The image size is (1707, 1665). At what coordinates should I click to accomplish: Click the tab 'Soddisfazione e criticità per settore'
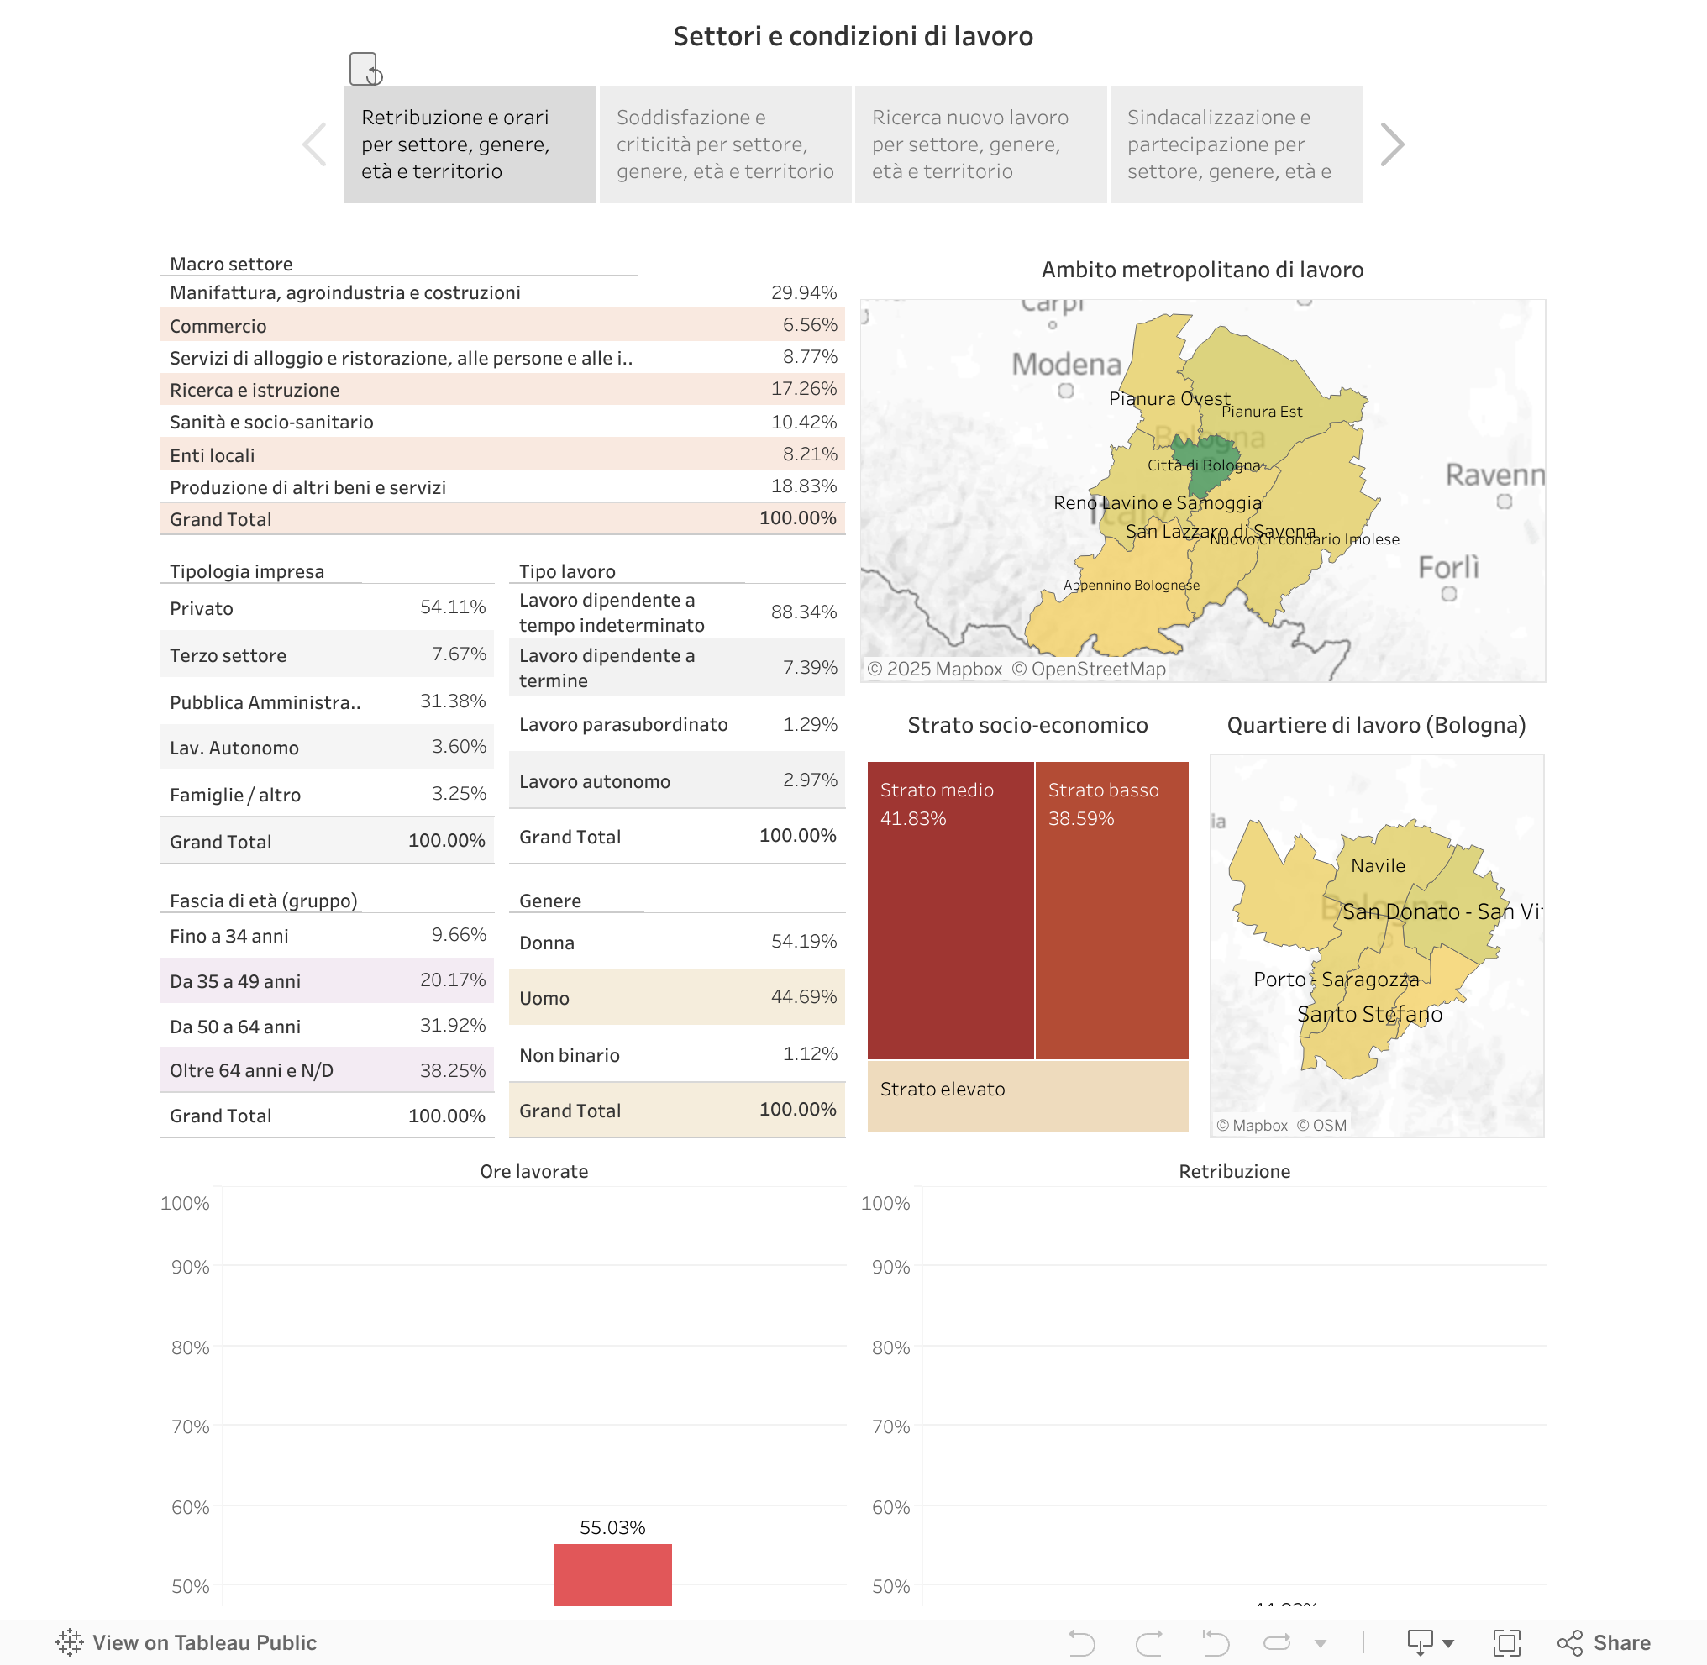[x=725, y=144]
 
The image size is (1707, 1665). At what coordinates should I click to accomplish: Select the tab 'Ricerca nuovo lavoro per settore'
[x=980, y=144]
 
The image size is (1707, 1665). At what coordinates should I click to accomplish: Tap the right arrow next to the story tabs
[x=1391, y=144]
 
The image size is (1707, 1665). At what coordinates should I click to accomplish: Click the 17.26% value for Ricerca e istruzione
[x=803, y=389]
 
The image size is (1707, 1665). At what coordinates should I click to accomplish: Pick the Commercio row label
[x=218, y=326]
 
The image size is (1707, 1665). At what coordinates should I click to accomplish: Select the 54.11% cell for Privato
[x=452, y=607]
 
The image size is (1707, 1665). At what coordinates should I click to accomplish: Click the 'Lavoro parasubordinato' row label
[x=622, y=724]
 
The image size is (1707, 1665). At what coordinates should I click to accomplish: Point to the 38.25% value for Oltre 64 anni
[x=452, y=1070]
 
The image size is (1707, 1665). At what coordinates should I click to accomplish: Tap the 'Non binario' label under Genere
[x=570, y=1055]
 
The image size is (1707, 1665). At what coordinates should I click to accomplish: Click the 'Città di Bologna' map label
[x=1203, y=465]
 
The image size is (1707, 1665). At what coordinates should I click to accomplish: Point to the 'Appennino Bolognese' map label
[x=1131, y=585]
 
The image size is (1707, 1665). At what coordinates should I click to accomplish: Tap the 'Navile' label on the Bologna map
[x=1378, y=866]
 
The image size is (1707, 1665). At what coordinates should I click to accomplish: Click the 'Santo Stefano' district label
[x=1368, y=1015]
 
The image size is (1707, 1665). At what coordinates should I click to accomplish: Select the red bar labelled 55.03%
[x=612, y=1574]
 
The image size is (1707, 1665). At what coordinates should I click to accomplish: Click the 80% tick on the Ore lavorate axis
[x=190, y=1347]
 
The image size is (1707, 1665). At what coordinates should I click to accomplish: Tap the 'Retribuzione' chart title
[x=1234, y=1171]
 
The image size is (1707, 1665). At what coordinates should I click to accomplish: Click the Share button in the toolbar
[x=1605, y=1642]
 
